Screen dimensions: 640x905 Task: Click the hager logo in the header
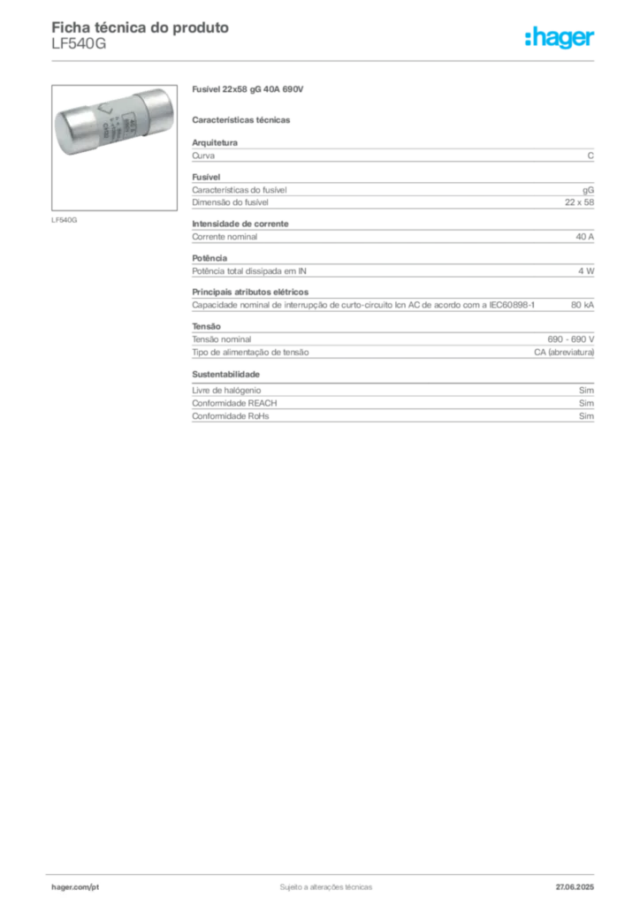(x=560, y=38)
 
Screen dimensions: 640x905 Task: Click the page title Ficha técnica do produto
(x=141, y=27)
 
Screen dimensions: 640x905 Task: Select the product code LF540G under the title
(x=79, y=44)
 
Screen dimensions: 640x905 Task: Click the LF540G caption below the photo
(x=64, y=220)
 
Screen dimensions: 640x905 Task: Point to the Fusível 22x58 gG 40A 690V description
(x=248, y=89)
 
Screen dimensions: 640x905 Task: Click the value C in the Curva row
(x=590, y=156)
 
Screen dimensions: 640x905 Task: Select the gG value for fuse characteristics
(x=588, y=191)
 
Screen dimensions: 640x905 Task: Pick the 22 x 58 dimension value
(x=579, y=202)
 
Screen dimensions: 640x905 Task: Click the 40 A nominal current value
(x=584, y=237)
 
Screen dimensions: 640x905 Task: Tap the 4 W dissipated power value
(x=586, y=270)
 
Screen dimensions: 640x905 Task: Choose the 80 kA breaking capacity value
(x=583, y=305)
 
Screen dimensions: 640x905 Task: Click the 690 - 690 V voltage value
(x=571, y=339)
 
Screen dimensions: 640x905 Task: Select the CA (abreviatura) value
(x=564, y=352)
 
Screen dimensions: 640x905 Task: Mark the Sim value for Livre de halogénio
(x=586, y=390)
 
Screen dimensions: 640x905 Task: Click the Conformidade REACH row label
(x=234, y=403)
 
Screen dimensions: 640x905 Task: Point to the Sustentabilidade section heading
(x=225, y=374)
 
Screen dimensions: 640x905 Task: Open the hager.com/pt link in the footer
(x=75, y=887)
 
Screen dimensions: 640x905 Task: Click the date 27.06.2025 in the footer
(x=575, y=887)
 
